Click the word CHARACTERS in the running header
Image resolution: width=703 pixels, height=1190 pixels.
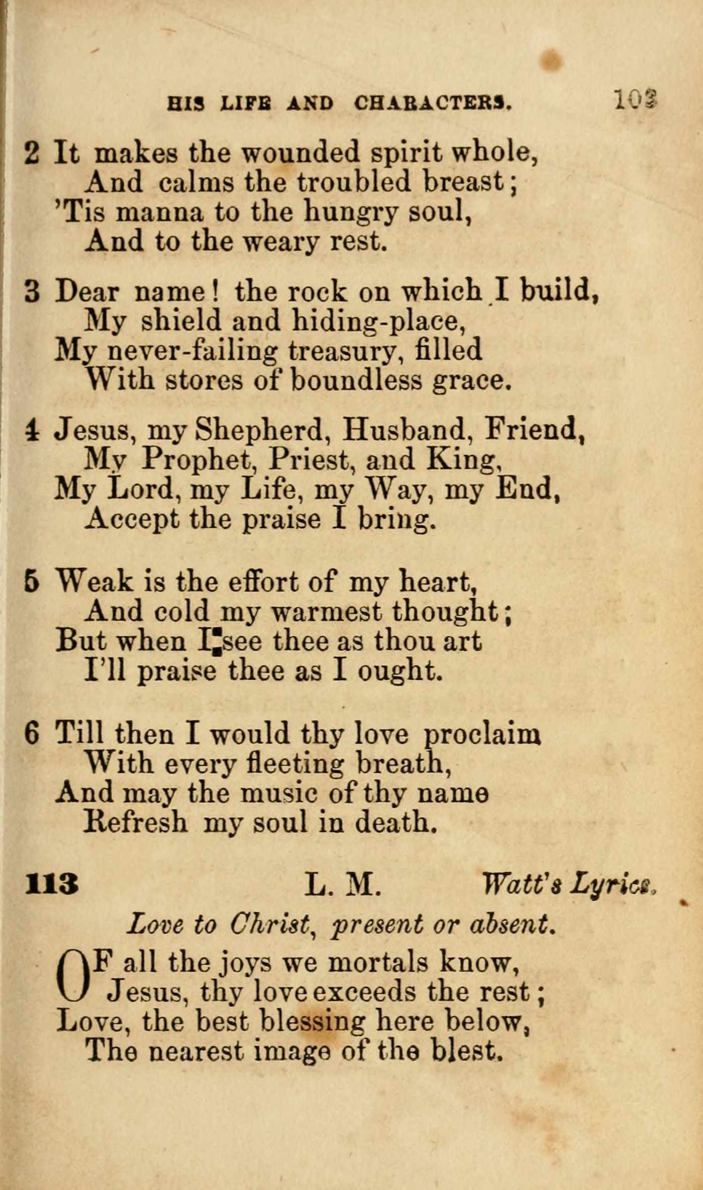pyautogui.click(x=433, y=103)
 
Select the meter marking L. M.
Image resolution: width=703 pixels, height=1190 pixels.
pyautogui.click(x=342, y=884)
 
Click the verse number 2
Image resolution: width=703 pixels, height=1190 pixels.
pyautogui.click(x=32, y=153)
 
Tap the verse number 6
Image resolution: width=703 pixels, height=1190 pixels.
pyautogui.click(x=31, y=734)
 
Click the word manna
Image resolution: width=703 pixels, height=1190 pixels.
pyautogui.click(x=160, y=212)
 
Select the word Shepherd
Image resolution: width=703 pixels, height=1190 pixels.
pyautogui.click(x=259, y=430)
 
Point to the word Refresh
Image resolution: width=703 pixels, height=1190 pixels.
pyautogui.click(x=135, y=822)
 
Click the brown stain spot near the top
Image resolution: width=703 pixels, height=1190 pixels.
pyautogui.click(x=552, y=60)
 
